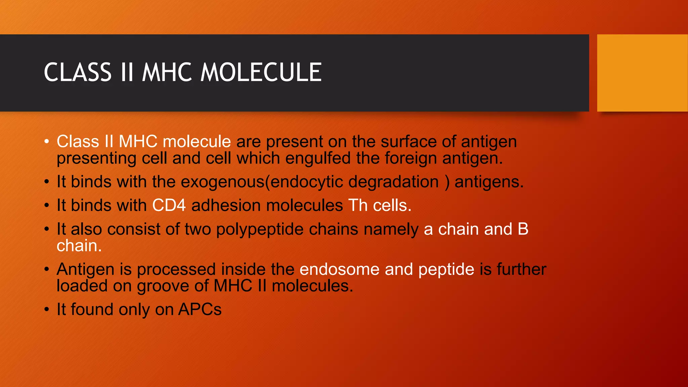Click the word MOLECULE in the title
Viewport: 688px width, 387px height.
point(261,73)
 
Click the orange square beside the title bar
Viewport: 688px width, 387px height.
point(642,73)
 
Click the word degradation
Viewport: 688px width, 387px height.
point(393,182)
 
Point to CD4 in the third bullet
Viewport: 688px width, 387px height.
point(169,205)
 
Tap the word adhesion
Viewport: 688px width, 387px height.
point(226,205)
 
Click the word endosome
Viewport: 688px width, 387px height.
point(339,269)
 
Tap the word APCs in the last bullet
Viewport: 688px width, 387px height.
point(200,309)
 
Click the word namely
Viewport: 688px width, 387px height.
point(391,229)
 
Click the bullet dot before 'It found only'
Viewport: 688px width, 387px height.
point(47,309)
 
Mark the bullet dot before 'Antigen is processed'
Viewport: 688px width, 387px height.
point(47,269)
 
